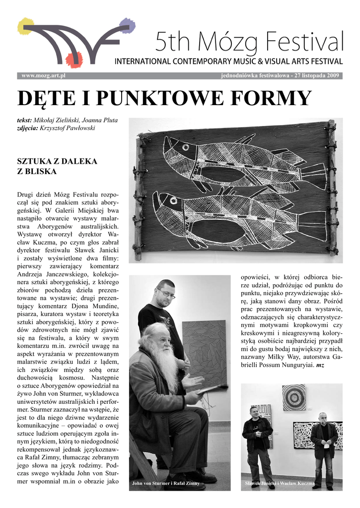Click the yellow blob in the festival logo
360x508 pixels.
[25, 26]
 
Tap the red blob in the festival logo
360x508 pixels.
[74, 59]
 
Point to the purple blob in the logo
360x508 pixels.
[128, 26]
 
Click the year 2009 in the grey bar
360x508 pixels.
[331, 75]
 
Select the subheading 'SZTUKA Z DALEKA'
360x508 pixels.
[57, 161]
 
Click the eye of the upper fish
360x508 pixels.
[187, 147]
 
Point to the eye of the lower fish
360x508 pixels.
[173, 201]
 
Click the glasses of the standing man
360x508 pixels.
[166, 294]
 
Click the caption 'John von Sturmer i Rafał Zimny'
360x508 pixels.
[166, 483]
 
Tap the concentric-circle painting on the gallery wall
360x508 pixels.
[293, 397]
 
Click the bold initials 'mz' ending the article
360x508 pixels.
[320, 366]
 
